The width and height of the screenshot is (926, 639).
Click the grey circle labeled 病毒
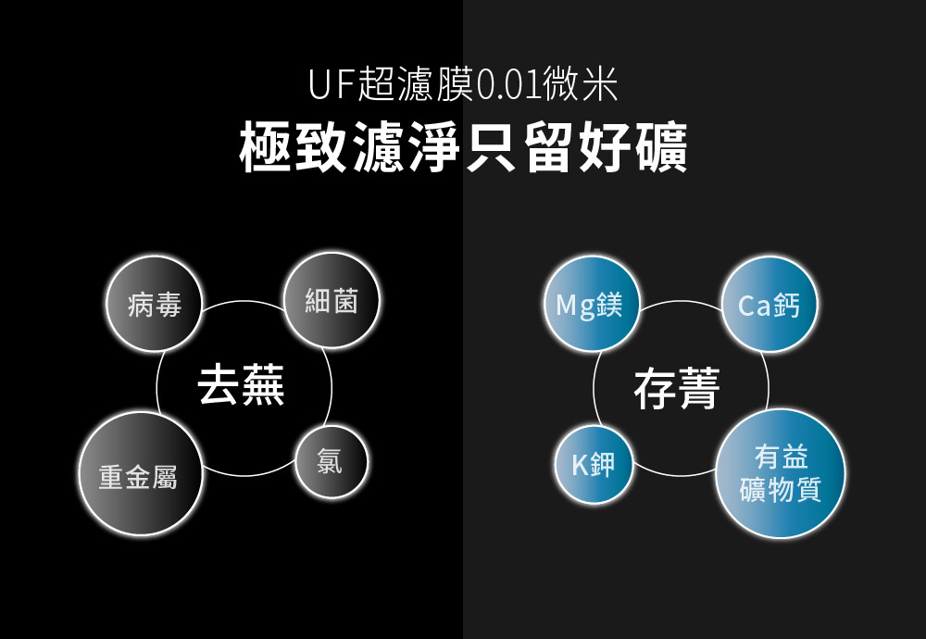coord(155,305)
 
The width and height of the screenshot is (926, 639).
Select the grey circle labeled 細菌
coord(331,301)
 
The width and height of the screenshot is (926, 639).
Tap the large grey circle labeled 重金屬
coord(139,474)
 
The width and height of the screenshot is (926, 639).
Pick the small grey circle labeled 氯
coord(331,461)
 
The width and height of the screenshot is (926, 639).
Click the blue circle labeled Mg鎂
coord(590,304)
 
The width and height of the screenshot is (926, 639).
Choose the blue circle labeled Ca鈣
coord(768,304)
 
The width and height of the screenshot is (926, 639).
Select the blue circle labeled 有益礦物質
coord(781,473)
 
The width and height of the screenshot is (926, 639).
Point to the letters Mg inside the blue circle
coord(575,305)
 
